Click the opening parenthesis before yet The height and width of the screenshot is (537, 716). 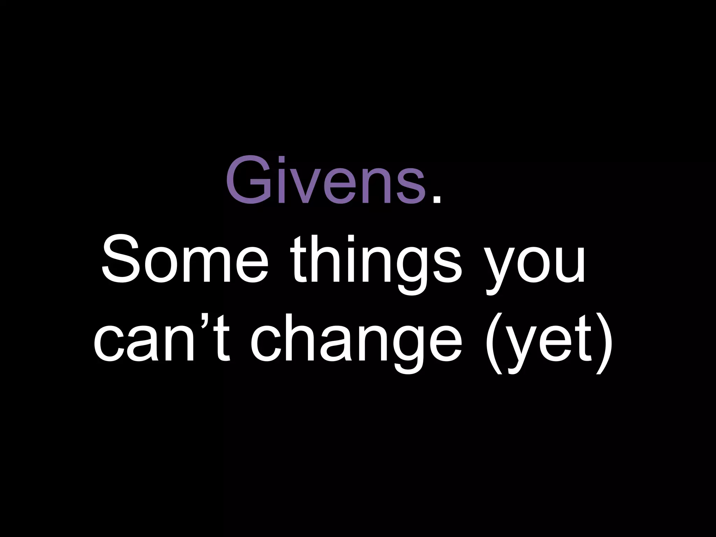pos(494,344)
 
